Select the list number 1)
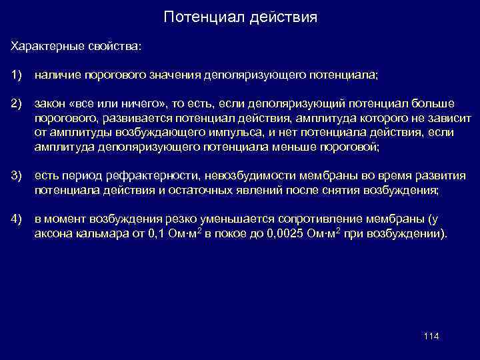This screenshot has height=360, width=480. [x=17, y=76]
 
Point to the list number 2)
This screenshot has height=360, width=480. [x=17, y=105]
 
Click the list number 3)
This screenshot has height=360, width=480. [x=17, y=177]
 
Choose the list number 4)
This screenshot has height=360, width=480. [x=17, y=219]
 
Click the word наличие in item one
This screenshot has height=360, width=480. [x=57, y=76]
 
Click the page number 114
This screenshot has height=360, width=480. [x=431, y=335]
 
